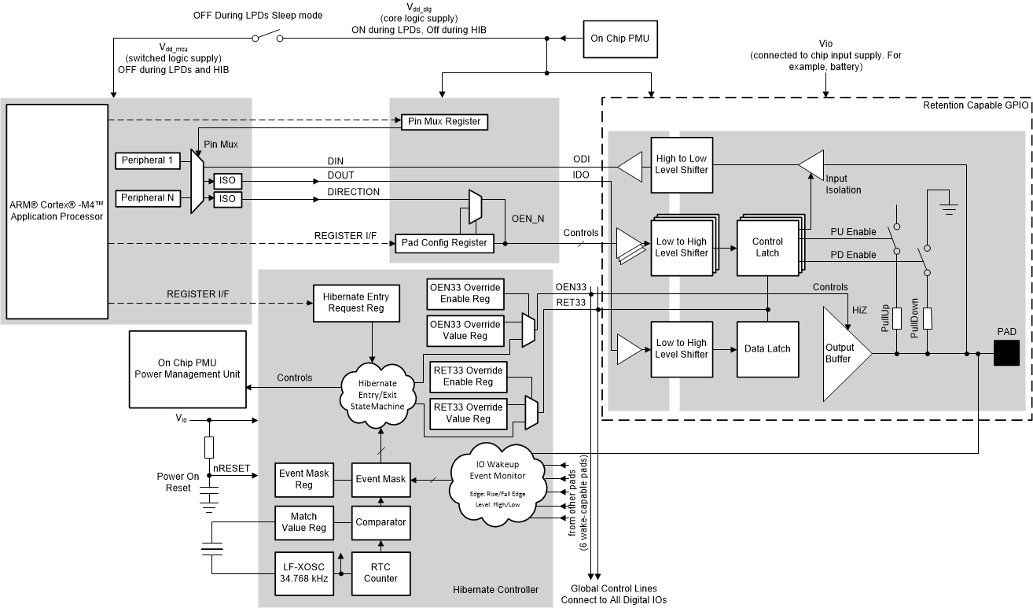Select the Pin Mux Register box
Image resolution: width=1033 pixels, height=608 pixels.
[x=444, y=122]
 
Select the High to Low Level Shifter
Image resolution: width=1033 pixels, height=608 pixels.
[x=681, y=164]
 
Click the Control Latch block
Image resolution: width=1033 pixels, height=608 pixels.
[x=767, y=247]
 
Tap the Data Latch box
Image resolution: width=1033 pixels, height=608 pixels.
[x=767, y=348]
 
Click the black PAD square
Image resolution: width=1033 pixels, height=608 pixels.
[x=1005, y=354]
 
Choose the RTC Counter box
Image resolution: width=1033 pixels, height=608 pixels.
[x=380, y=572]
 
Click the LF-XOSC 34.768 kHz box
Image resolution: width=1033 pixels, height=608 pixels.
[x=303, y=573]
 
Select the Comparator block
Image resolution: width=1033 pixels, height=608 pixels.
[x=380, y=521]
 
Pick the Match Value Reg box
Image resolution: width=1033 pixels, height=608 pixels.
[x=303, y=521]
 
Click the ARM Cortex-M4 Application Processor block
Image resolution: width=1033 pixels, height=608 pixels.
[x=57, y=210]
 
